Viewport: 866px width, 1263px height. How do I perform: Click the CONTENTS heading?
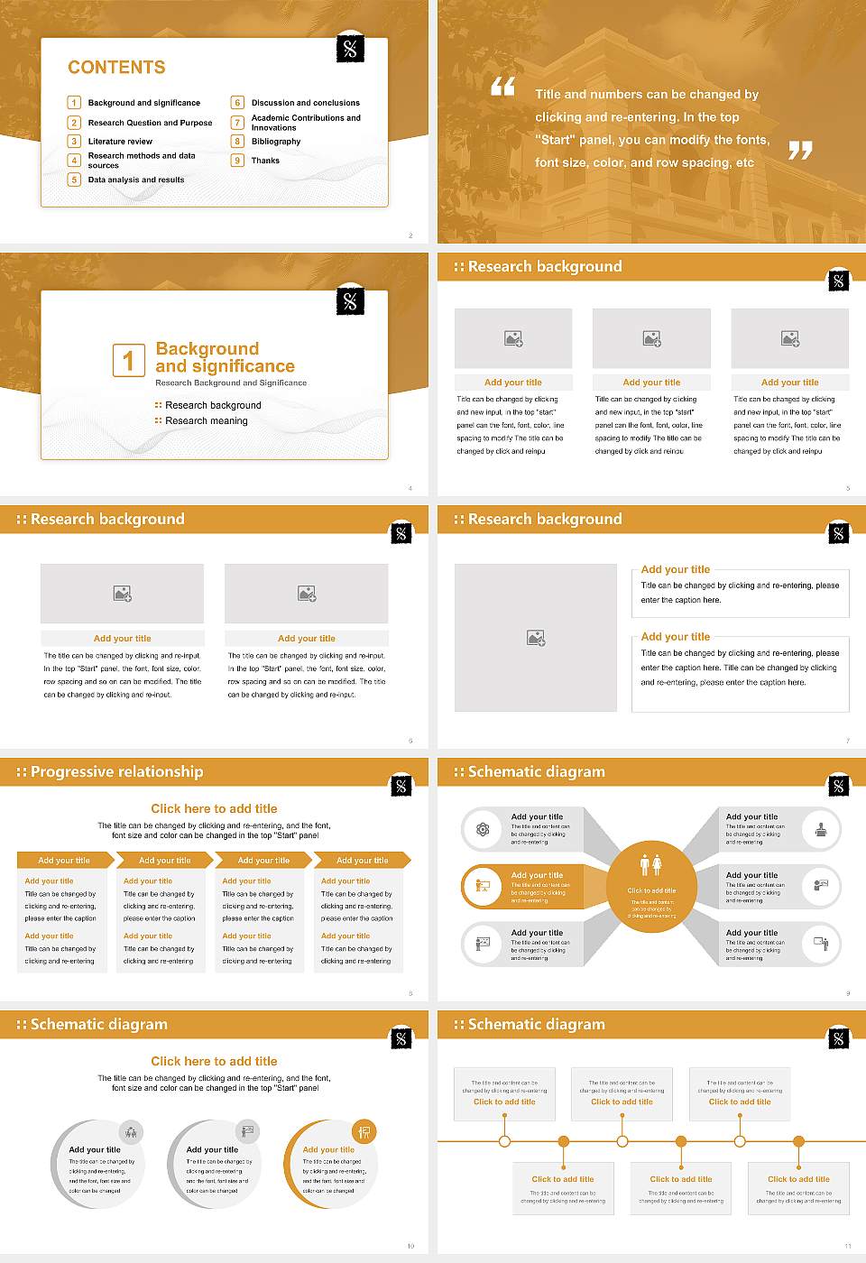[x=116, y=68]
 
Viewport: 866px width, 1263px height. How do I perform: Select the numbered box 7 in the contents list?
[x=238, y=123]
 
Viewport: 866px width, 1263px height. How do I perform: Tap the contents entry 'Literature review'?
[x=120, y=142]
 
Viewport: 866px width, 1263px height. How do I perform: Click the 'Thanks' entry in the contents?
[x=265, y=161]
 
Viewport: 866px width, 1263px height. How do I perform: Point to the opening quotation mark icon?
[x=502, y=87]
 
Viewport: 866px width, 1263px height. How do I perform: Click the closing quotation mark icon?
[x=800, y=150]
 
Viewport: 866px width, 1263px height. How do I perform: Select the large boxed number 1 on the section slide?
[x=128, y=360]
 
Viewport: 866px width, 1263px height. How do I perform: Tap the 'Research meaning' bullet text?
[x=206, y=421]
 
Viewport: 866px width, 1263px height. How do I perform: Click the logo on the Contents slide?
[x=350, y=49]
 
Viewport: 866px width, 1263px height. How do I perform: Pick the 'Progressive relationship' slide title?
[x=116, y=772]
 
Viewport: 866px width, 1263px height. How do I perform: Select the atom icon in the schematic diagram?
[x=483, y=829]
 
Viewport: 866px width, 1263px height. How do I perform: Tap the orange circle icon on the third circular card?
[x=364, y=1131]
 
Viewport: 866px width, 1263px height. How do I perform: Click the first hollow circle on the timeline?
[x=504, y=1141]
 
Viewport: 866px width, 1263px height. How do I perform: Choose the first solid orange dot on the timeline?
[x=564, y=1141]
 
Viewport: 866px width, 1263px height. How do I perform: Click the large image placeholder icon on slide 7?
[x=536, y=638]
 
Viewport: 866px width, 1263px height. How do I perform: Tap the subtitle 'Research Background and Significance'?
[x=231, y=383]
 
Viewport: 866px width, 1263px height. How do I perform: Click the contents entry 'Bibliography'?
[x=276, y=142]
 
